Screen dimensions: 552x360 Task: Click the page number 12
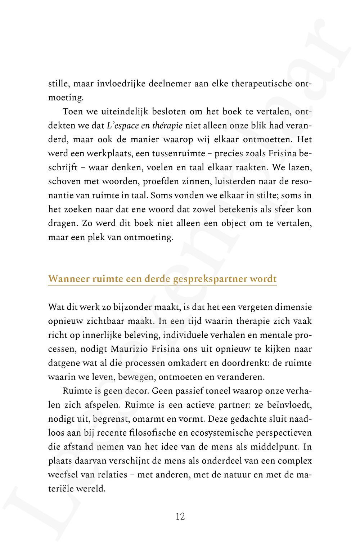tap(180, 517)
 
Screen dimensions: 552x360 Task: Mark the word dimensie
tap(293, 307)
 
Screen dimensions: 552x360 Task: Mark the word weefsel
tap(63, 475)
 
